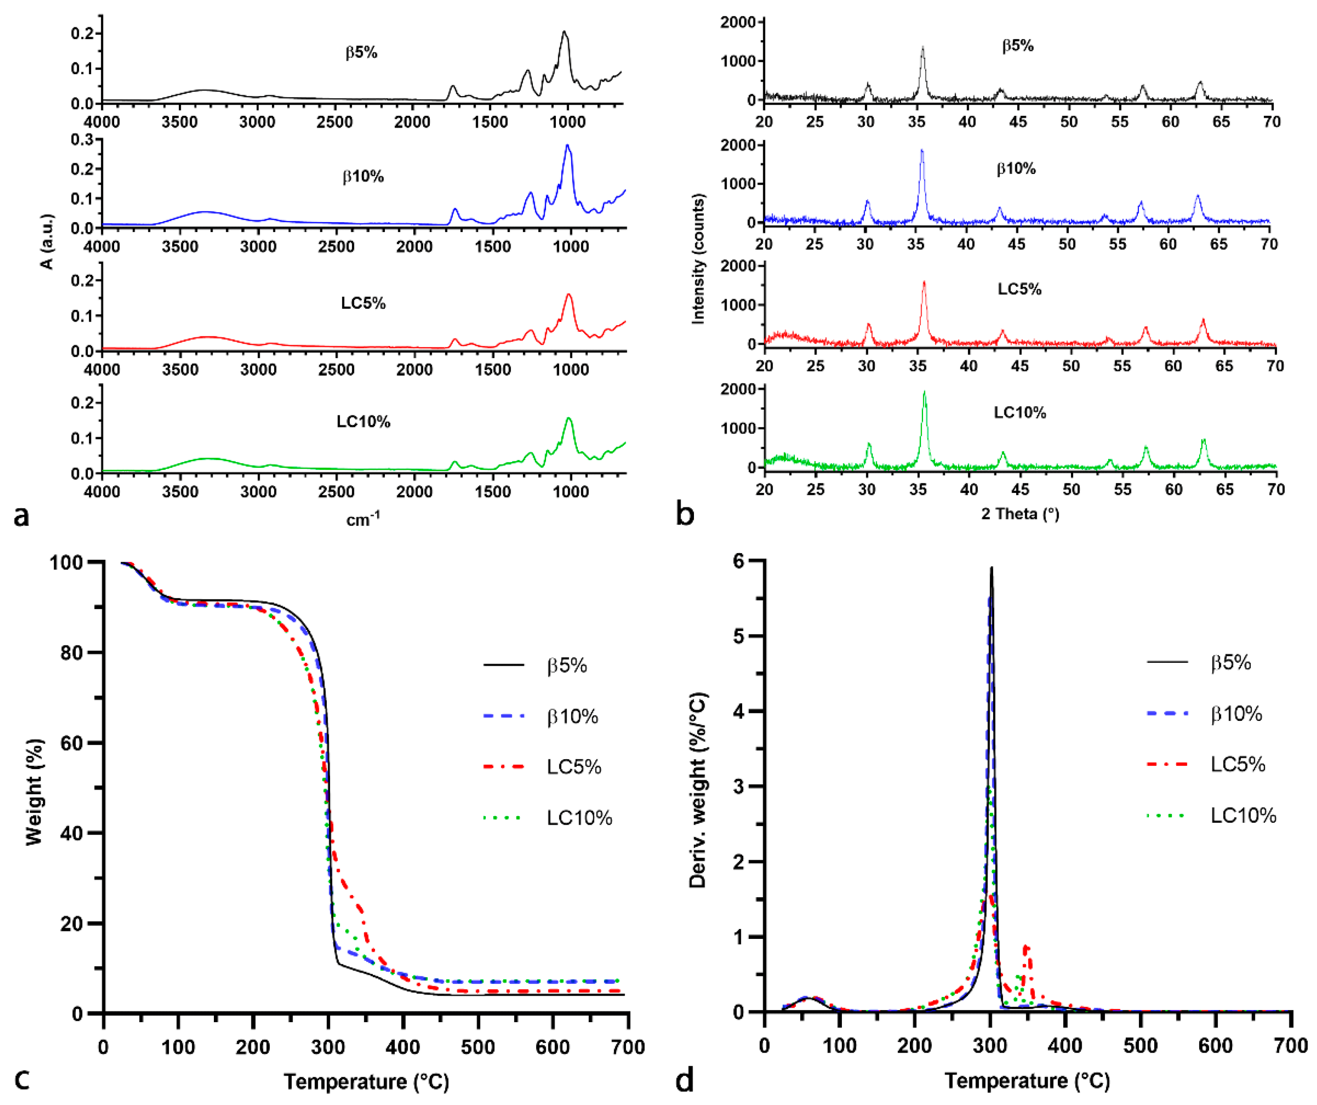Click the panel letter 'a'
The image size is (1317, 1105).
pos(21,516)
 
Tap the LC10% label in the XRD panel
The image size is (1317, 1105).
pos(1020,413)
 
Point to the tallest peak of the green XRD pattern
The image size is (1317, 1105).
pos(924,393)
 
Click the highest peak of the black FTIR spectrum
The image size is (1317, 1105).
pos(565,32)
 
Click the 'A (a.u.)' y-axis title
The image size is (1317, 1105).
pos(47,242)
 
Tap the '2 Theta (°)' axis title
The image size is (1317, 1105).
pos(1020,514)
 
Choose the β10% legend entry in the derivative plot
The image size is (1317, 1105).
pos(1235,714)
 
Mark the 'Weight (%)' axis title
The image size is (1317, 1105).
pos(35,791)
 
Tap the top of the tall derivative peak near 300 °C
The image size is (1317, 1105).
pos(991,568)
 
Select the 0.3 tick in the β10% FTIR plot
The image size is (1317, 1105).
pos(83,139)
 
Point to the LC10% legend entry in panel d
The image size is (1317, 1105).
pos(1243,815)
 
